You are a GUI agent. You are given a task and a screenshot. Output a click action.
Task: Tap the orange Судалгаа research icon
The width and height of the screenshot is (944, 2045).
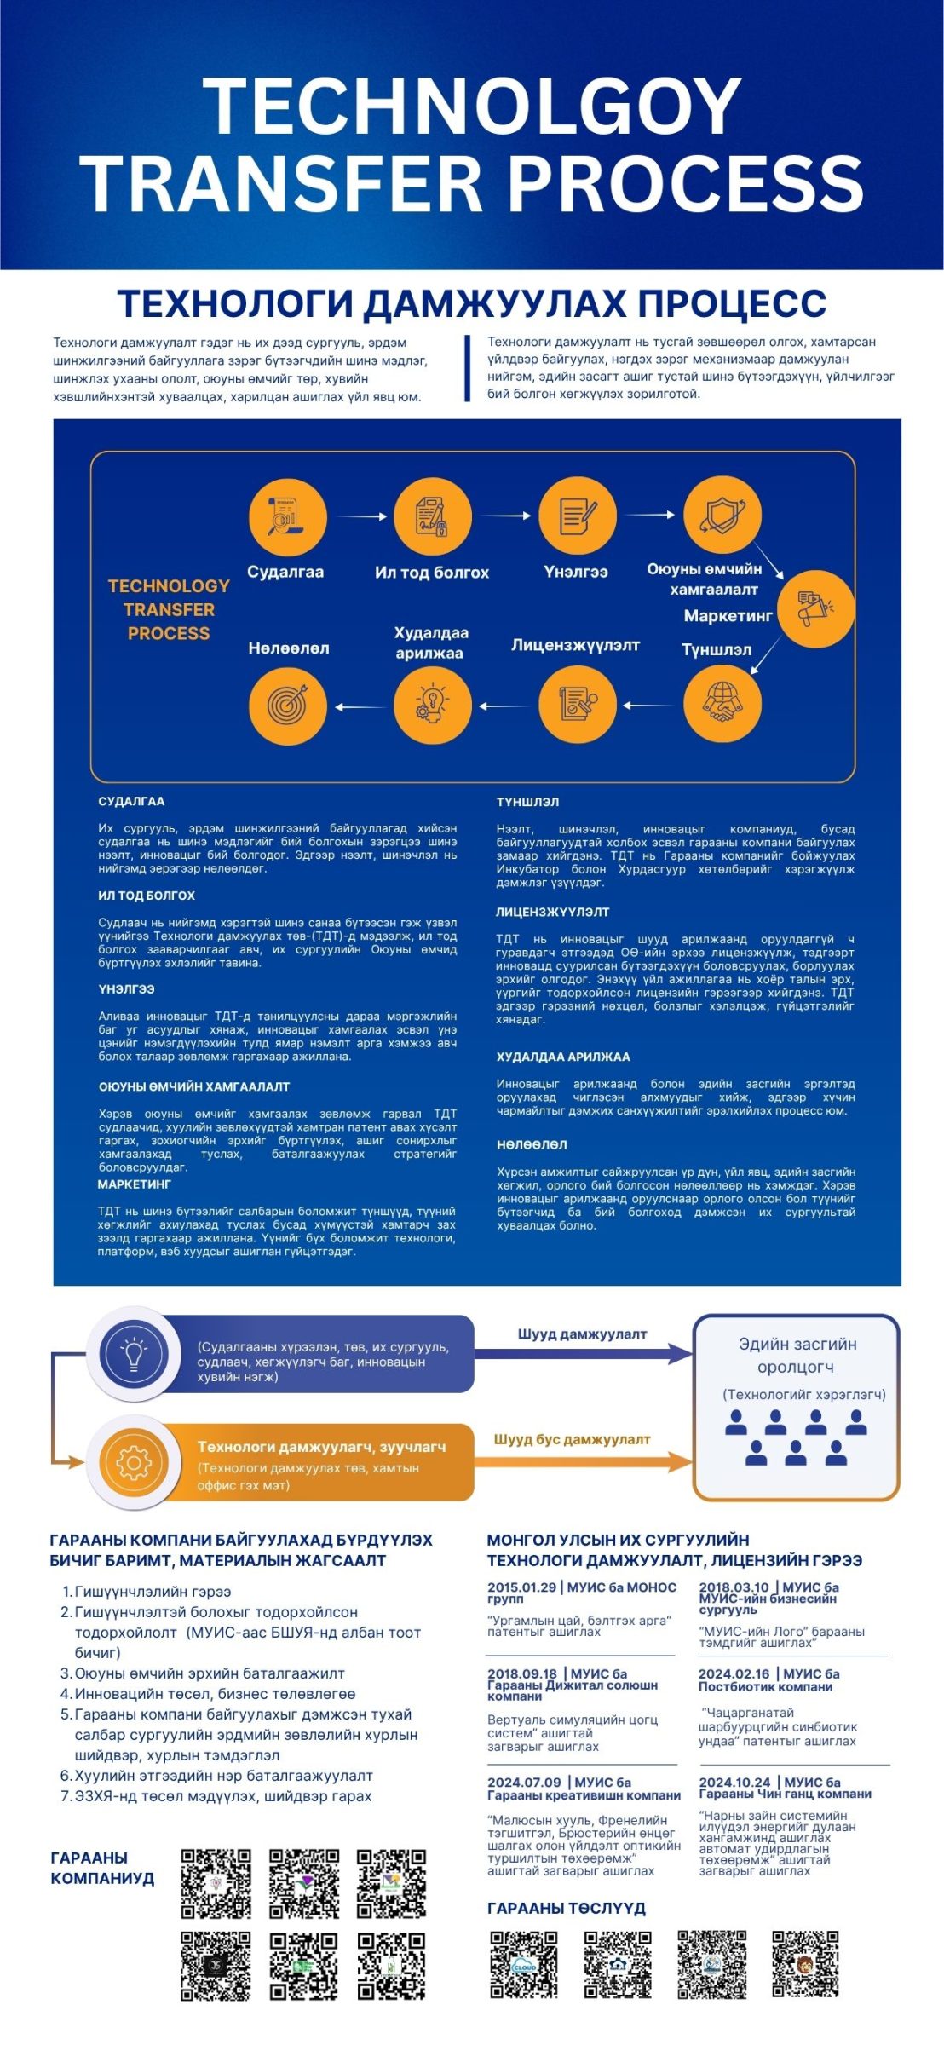tap(287, 517)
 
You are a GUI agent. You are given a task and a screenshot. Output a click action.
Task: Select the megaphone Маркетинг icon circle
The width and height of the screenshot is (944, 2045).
tap(815, 608)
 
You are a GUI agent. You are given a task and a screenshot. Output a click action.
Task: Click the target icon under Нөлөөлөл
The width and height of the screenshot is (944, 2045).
tap(287, 706)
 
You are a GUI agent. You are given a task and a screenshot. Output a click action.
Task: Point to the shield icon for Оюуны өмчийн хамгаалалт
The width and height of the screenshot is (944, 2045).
tap(722, 516)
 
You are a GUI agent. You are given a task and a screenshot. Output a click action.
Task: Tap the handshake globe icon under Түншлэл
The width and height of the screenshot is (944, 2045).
tap(722, 704)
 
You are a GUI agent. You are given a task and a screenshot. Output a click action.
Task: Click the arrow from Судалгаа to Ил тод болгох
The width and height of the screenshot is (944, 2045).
tap(361, 516)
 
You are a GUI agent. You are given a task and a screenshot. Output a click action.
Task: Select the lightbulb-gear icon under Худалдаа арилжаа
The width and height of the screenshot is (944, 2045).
tap(433, 706)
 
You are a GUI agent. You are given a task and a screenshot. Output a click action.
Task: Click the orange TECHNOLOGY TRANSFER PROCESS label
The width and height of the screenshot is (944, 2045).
tap(169, 609)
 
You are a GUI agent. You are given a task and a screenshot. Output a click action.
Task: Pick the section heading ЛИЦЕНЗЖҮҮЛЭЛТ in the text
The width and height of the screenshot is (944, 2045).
tap(552, 912)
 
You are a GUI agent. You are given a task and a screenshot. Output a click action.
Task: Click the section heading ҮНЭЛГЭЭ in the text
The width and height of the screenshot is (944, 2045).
tap(126, 989)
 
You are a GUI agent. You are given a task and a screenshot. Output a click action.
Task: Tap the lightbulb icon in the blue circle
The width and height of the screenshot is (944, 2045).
tap(134, 1354)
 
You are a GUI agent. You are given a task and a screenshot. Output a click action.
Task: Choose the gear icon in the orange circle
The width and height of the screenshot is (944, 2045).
tap(134, 1463)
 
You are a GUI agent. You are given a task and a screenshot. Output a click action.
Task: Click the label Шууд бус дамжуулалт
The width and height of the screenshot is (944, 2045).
tap(572, 1439)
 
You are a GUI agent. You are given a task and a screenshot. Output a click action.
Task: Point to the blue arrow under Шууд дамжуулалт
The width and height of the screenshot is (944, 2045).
tap(584, 1353)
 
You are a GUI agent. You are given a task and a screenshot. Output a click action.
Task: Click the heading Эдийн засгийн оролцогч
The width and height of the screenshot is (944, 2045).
tap(797, 1355)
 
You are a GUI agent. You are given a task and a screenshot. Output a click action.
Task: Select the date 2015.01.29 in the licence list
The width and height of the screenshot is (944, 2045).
tap(521, 1587)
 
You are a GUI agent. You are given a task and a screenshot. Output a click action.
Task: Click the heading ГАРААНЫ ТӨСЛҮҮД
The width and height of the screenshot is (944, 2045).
tap(566, 1909)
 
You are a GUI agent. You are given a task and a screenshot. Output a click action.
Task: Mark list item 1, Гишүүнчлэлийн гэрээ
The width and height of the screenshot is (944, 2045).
tap(153, 1591)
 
